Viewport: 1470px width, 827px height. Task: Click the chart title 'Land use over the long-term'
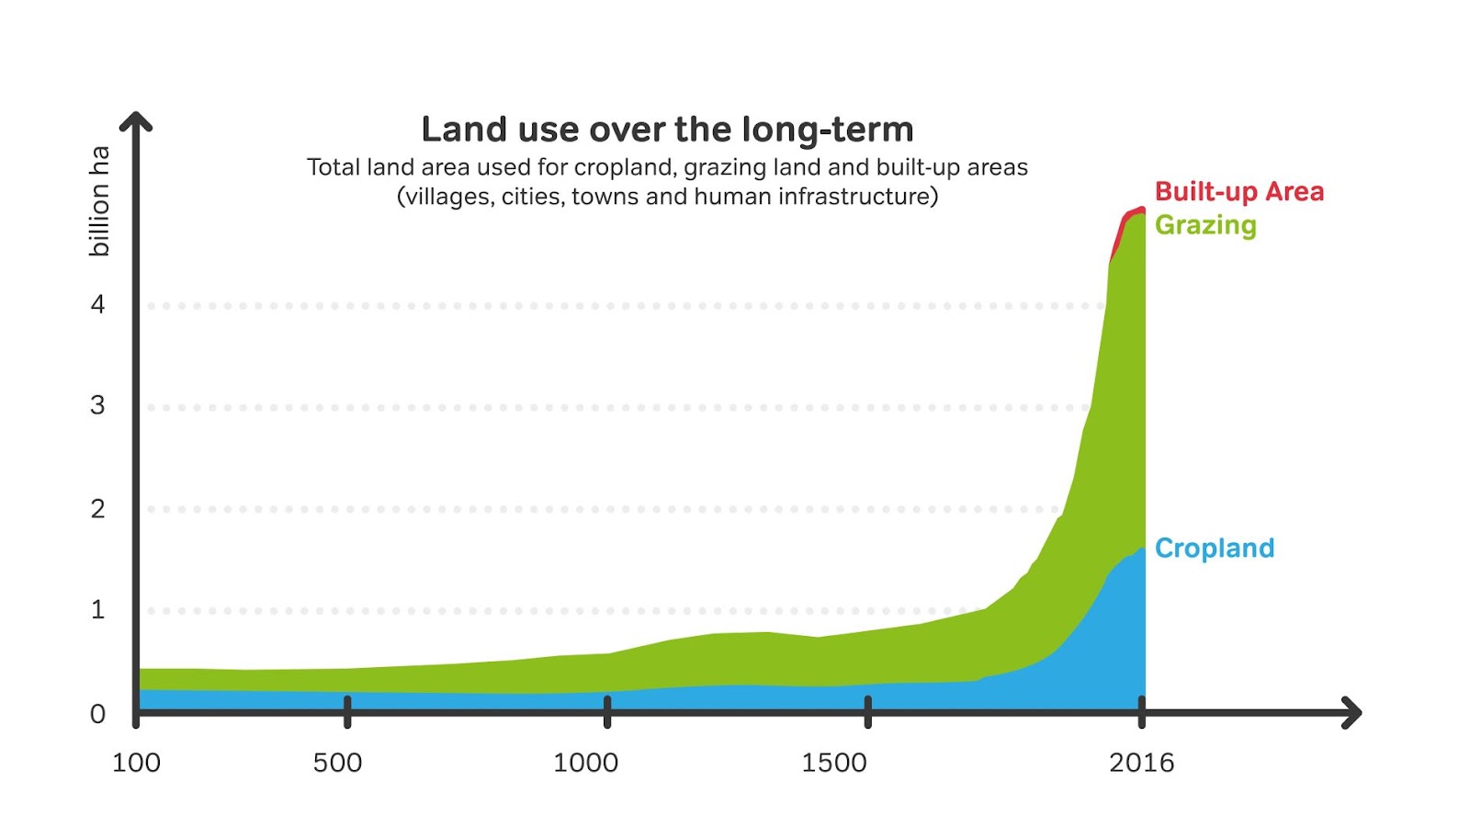pyautogui.click(x=667, y=130)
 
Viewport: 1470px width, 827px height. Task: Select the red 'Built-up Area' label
pyautogui.click(x=1238, y=192)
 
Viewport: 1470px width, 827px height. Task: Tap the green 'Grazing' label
pyautogui.click(x=1204, y=225)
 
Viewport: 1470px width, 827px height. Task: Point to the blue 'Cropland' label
pyautogui.click(x=1214, y=549)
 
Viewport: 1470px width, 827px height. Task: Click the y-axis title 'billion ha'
pyautogui.click(x=99, y=200)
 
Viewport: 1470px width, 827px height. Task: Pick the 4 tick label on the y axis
pyautogui.click(x=98, y=304)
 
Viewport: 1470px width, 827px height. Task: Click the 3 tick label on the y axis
pyautogui.click(x=98, y=405)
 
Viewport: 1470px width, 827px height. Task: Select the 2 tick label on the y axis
pyautogui.click(x=98, y=508)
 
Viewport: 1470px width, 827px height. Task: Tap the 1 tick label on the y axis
pyautogui.click(x=98, y=609)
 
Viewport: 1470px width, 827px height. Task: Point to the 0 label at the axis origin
pyautogui.click(x=98, y=713)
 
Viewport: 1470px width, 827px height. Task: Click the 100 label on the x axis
pyautogui.click(x=136, y=763)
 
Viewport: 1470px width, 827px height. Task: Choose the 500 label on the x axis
pyautogui.click(x=337, y=763)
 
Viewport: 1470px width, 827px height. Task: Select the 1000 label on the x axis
pyautogui.click(x=585, y=763)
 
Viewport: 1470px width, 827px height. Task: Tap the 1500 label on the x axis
pyautogui.click(x=833, y=763)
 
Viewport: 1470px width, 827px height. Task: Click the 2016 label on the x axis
pyautogui.click(x=1141, y=763)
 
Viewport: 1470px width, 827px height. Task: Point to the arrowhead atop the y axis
pyautogui.click(x=136, y=120)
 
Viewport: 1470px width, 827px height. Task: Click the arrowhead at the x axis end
pyautogui.click(x=1351, y=712)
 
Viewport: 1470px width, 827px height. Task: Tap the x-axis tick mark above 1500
pyautogui.click(x=867, y=711)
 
